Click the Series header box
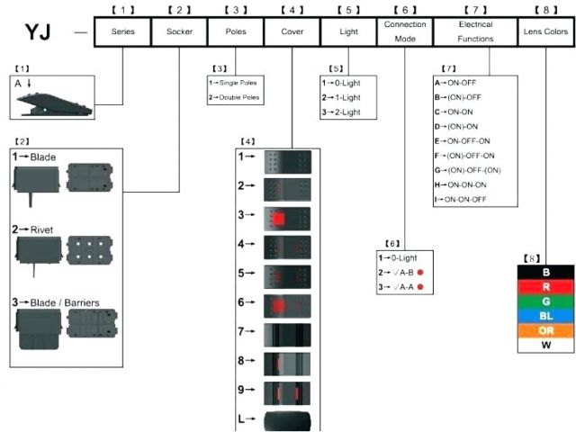click(122, 31)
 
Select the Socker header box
click(179, 31)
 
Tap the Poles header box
click(236, 31)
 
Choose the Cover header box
click(292, 31)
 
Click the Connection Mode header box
click(405, 31)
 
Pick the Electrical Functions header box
click(475, 31)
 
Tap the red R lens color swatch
click(545, 286)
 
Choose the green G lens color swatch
click(545, 301)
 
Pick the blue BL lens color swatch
click(545, 315)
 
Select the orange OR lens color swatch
click(545, 329)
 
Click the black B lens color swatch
click(545, 272)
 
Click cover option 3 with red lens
click(286, 216)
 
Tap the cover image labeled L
click(286, 419)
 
